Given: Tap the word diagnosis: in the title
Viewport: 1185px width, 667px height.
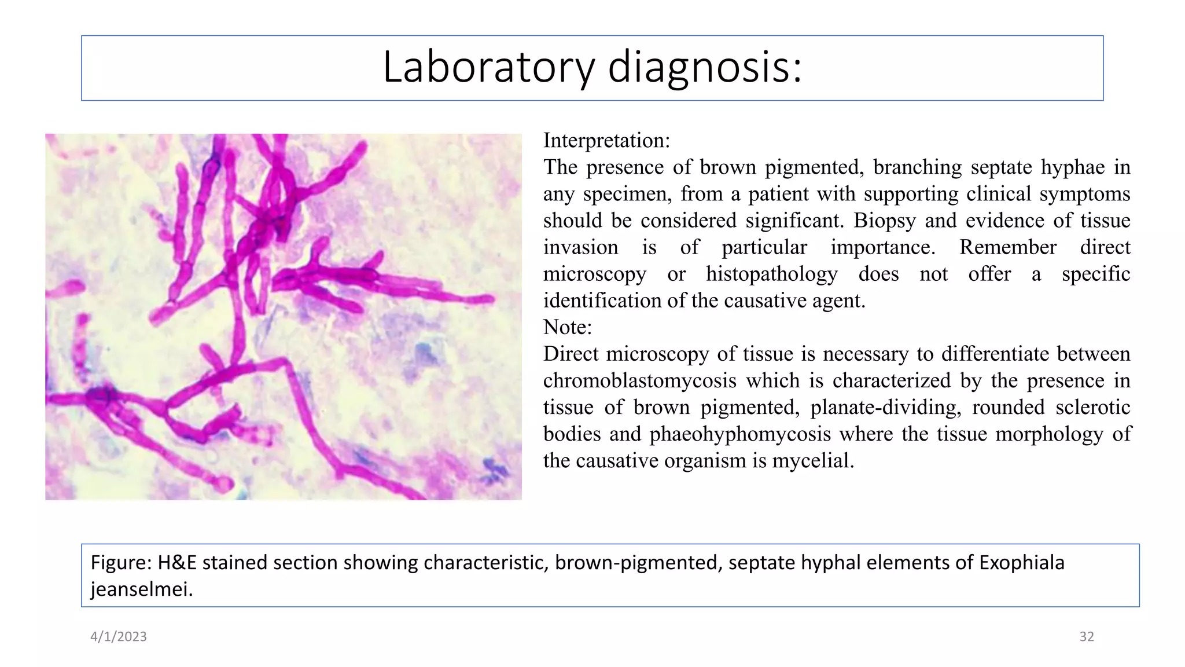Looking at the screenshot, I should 704,68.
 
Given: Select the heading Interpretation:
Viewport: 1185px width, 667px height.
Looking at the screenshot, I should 606,141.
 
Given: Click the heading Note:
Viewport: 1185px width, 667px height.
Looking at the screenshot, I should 567,327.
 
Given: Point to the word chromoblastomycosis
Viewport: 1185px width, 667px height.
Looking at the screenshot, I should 639,380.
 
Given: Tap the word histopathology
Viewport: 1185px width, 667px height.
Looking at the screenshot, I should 771,274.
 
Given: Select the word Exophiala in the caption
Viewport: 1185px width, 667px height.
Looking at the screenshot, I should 1021,563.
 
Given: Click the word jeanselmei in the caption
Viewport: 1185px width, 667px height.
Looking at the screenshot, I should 141,589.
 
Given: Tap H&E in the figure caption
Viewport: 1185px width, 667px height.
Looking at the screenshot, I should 177,563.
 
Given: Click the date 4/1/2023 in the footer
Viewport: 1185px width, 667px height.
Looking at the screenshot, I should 119,636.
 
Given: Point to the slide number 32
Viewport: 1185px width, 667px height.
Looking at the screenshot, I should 1086,636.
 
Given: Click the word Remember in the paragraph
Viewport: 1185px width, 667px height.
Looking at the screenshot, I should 1007,247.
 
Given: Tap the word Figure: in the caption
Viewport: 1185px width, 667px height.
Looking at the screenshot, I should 121,563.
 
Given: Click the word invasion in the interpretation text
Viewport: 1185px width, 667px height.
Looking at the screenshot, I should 580,247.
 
